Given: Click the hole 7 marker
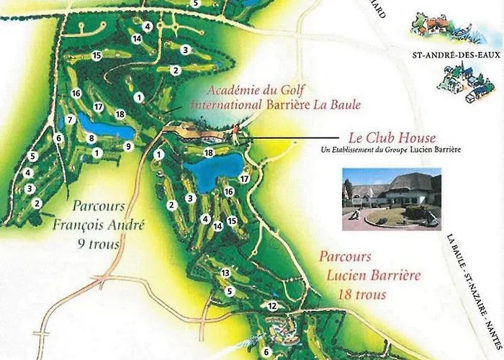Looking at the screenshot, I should (70, 120).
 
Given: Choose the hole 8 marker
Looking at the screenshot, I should (91, 138).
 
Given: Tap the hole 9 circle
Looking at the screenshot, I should (128, 146).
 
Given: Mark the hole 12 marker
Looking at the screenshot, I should (272, 306).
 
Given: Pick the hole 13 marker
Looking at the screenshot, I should (225, 273).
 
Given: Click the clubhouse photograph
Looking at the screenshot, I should (391, 199).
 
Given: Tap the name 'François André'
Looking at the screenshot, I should (99, 224).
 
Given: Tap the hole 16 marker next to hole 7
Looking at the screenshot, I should (76, 93).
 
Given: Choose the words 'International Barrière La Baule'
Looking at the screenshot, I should (275, 105).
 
